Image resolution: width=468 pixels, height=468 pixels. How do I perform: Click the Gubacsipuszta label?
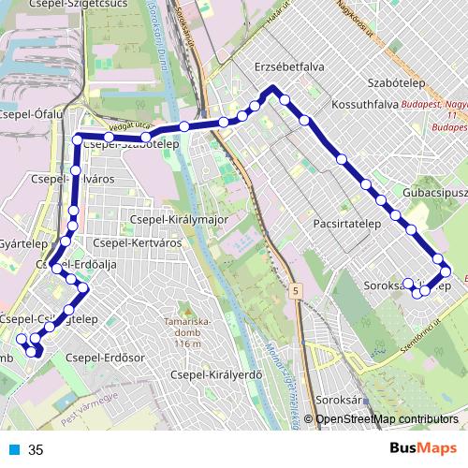[437, 192]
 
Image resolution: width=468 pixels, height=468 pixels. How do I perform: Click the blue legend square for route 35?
[12, 450]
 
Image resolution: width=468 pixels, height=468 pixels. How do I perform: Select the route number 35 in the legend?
[36, 450]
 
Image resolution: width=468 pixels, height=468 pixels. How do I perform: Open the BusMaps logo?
[422, 448]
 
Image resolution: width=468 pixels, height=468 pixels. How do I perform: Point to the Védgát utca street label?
[130, 124]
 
